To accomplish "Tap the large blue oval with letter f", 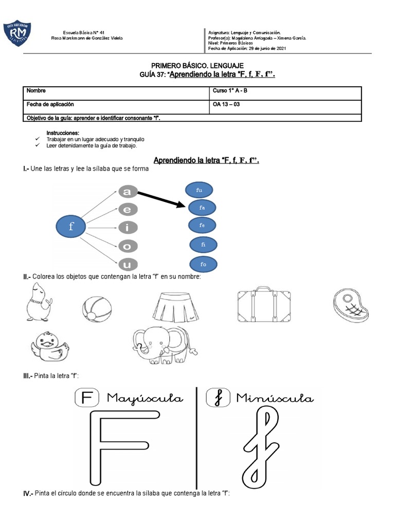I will (71, 227).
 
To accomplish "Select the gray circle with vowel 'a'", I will (127, 192).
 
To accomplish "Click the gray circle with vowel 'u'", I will (127, 265).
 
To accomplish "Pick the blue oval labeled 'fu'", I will (199, 190).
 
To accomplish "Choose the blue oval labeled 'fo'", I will (203, 264).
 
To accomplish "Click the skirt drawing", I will (175, 305).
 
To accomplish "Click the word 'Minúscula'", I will (274, 398).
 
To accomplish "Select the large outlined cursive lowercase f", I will (259, 447).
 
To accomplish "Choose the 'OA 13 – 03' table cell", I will (226, 104).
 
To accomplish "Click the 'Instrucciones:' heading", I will (63, 133).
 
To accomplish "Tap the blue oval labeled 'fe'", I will (203, 226).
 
